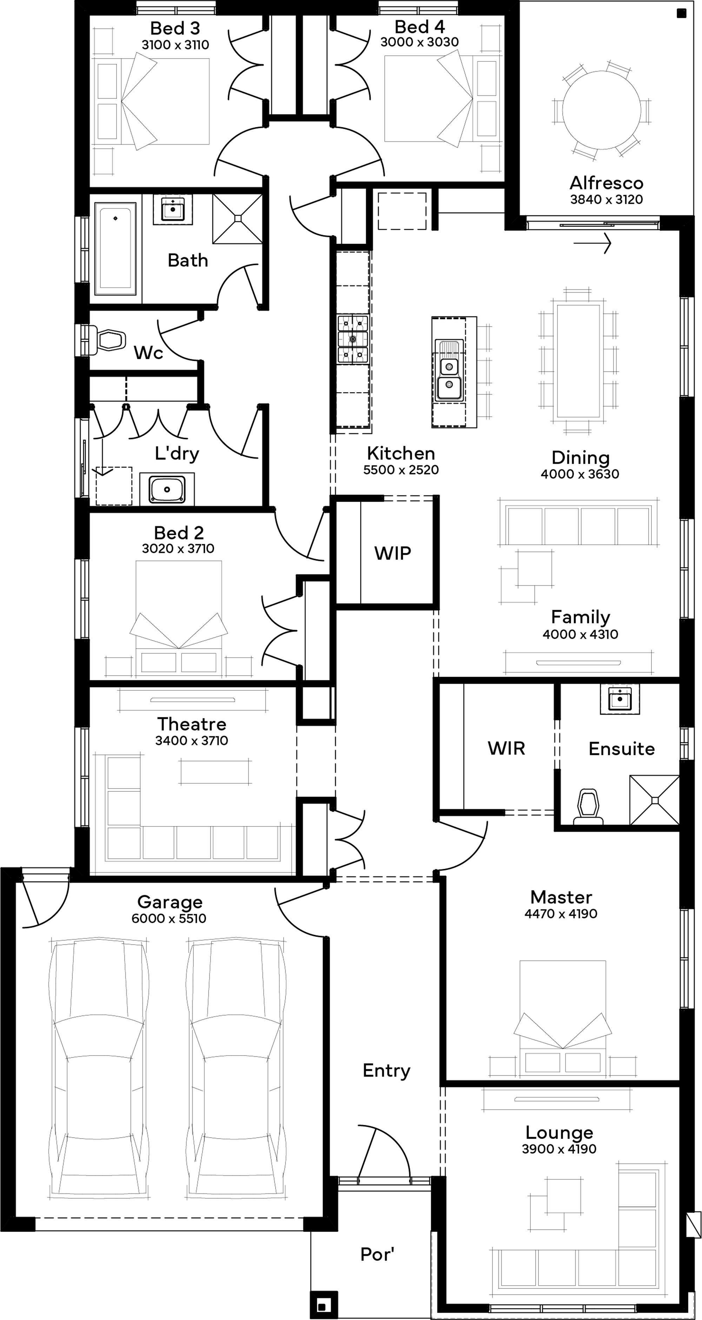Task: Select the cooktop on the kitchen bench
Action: tap(353, 339)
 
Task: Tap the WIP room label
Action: tap(392, 554)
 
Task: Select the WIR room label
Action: tap(506, 748)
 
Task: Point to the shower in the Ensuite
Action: tap(654, 799)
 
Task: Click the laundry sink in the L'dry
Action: tap(167, 489)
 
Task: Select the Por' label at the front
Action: tap(377, 1254)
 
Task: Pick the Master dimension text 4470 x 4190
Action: tap(561, 914)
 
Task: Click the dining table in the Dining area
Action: tap(578, 361)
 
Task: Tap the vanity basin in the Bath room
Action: tap(173, 209)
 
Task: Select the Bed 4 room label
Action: tap(419, 27)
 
